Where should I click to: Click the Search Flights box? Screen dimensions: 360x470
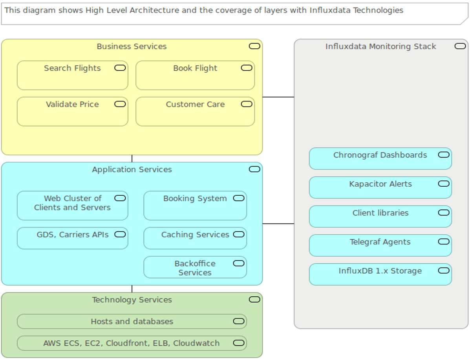tap(72, 75)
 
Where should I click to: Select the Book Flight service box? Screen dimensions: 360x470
tap(195, 75)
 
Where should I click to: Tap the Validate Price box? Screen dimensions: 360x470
tap(72, 112)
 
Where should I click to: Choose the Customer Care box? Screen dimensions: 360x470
tap(195, 112)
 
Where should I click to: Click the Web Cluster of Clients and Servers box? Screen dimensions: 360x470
tap(72, 206)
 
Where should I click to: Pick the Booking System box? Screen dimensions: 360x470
tap(195, 206)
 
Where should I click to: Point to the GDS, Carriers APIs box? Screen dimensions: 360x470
tap(72, 238)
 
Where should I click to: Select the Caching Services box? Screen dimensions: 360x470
tap(195, 238)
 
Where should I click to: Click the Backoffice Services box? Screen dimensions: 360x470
tap(195, 268)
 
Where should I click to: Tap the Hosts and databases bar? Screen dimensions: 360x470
tap(132, 321)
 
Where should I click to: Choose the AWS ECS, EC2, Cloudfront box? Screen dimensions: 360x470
tap(132, 343)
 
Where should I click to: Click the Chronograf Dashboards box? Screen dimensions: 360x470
tap(380, 159)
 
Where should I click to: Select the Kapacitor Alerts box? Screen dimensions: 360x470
tap(380, 187)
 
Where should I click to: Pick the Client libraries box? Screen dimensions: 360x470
tap(380, 217)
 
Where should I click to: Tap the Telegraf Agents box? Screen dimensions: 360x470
tap(380, 246)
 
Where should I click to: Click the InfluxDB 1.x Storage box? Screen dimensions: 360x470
tap(380, 274)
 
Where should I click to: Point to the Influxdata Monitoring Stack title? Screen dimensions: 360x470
tap(380, 47)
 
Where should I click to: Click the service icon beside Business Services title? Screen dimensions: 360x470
tap(254, 46)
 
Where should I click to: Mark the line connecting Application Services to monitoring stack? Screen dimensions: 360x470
tap(278, 224)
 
